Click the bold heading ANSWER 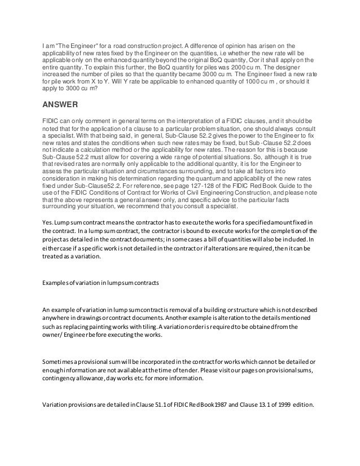tap(62, 104)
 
